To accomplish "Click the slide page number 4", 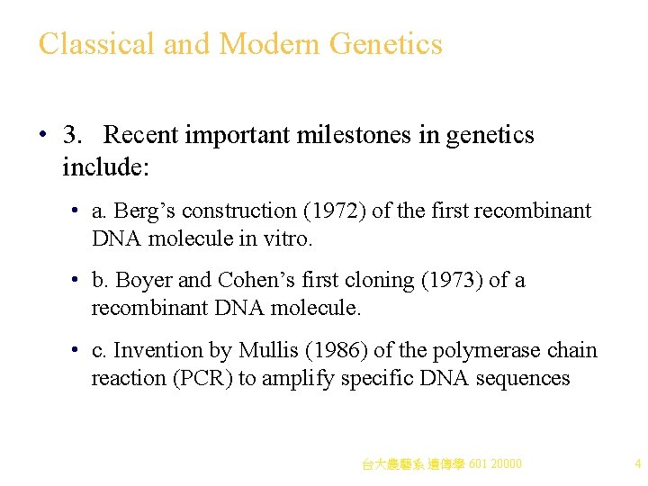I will click(x=637, y=464).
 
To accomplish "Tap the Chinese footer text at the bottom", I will click(x=441, y=464).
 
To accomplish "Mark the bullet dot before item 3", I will click(x=43, y=136).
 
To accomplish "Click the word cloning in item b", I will click(x=378, y=281).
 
